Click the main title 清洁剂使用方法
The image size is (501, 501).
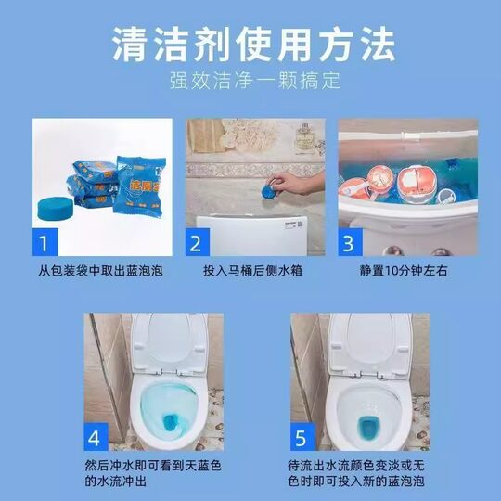coord(251,43)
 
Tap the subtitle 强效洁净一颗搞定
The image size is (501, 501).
coord(251,80)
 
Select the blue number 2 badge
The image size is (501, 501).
coord(197,244)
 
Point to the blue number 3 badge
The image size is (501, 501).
coord(349,244)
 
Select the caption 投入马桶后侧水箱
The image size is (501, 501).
coord(251,272)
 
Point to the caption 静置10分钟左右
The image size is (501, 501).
coord(405,272)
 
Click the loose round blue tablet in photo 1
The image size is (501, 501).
coord(58,206)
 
